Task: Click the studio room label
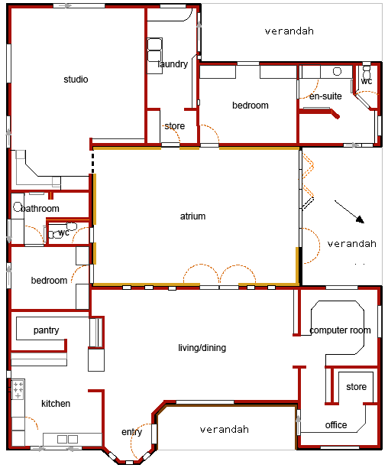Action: (76, 80)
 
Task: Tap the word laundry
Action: (173, 64)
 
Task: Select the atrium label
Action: (192, 216)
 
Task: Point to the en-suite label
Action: (325, 96)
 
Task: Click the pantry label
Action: (46, 330)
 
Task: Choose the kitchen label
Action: (56, 404)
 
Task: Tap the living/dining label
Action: (202, 348)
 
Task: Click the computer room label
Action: (340, 330)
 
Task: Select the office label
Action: (336, 425)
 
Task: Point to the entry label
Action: (131, 432)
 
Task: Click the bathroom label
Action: (40, 208)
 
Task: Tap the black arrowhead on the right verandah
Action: (361, 219)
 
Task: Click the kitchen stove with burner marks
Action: (18, 389)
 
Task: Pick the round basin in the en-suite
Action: (337, 72)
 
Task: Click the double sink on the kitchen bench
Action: (67, 439)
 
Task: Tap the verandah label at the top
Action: (289, 31)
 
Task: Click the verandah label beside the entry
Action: (224, 430)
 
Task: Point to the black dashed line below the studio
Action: (92, 163)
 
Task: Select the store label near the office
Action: (356, 387)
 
